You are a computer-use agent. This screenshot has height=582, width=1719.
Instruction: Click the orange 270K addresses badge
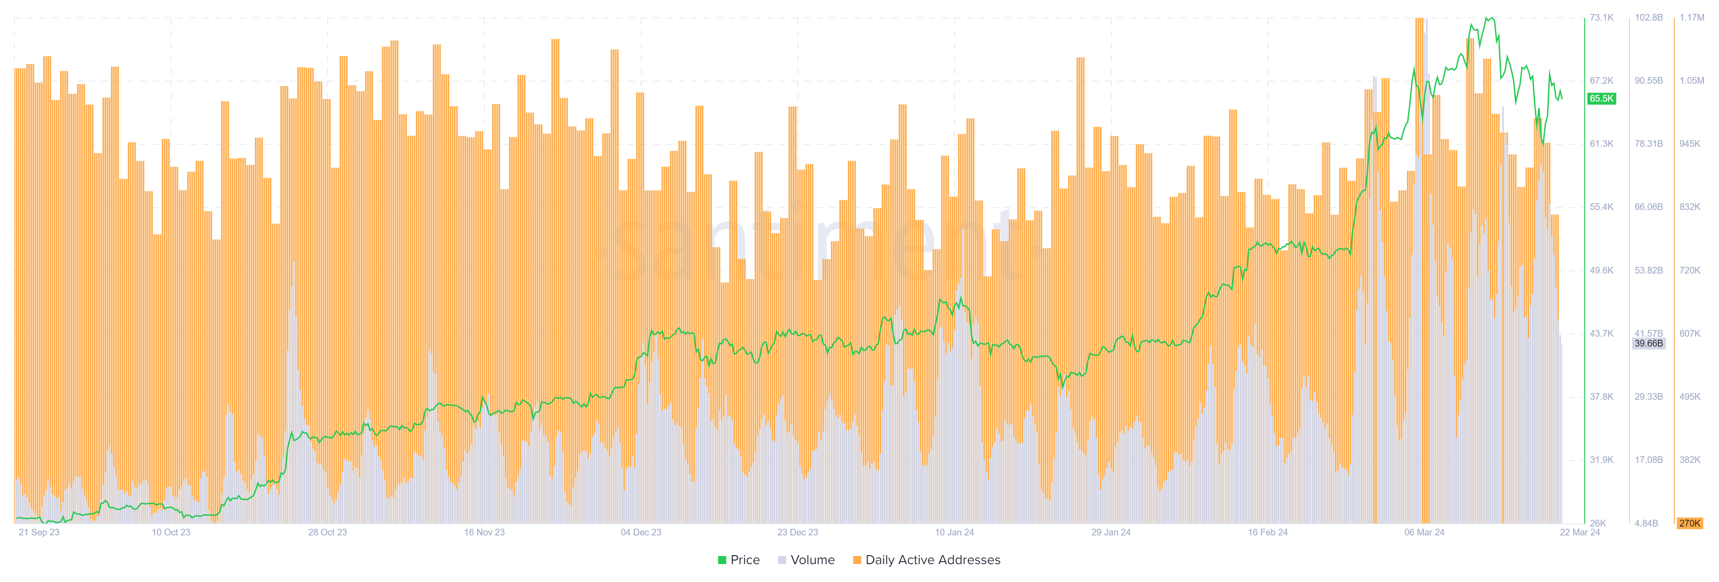1689,523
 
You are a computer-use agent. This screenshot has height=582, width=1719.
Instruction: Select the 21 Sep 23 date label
38,532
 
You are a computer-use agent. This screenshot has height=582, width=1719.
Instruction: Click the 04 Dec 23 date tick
641,532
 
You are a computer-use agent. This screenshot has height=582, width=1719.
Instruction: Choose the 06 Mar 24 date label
1424,532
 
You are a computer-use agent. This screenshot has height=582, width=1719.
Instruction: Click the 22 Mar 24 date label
1579,532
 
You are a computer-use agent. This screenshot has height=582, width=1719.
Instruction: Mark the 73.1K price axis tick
1601,17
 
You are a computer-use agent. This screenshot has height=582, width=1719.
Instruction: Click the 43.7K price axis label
1601,333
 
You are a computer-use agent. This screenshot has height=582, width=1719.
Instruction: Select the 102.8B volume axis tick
1648,17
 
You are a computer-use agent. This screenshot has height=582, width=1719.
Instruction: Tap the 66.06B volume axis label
1648,207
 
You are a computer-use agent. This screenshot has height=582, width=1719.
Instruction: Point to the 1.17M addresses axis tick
1692,17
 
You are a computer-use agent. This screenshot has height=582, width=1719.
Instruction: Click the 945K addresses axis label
1689,144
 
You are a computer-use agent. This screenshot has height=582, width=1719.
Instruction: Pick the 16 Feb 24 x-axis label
1267,532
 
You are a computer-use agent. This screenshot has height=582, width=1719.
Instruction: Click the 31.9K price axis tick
1601,460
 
